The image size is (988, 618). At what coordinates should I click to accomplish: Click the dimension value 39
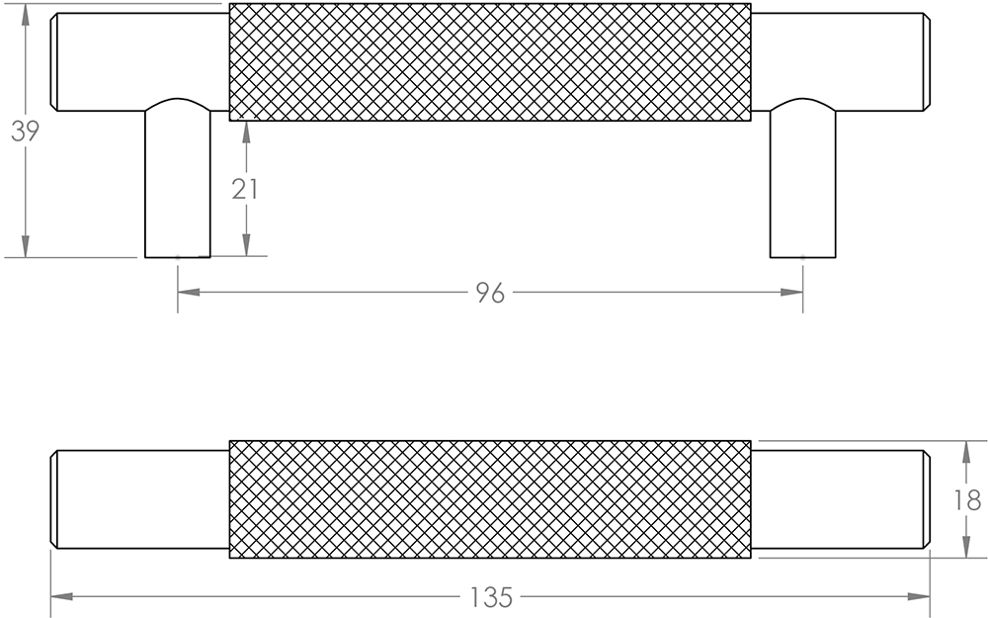[25, 132]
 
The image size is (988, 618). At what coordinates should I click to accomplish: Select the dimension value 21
[245, 188]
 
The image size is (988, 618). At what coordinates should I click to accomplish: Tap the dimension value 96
[490, 293]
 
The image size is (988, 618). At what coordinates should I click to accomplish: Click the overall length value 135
[491, 597]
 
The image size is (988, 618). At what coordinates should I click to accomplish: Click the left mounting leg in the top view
[178, 183]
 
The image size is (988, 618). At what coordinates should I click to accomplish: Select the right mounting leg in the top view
[802, 183]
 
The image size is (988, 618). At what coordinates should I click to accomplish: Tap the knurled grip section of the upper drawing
[490, 62]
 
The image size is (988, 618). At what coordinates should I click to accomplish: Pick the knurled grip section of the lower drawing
[490, 499]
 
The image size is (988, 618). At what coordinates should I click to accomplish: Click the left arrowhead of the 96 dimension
[189, 293]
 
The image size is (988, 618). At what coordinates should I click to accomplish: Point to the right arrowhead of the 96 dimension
[791, 293]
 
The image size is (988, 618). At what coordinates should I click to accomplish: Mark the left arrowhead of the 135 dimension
[61, 597]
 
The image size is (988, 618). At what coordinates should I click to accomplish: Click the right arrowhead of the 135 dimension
[920, 597]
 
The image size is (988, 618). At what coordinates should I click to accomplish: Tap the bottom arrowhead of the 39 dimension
[25, 246]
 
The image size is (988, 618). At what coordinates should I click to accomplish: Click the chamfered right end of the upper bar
[927, 62]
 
